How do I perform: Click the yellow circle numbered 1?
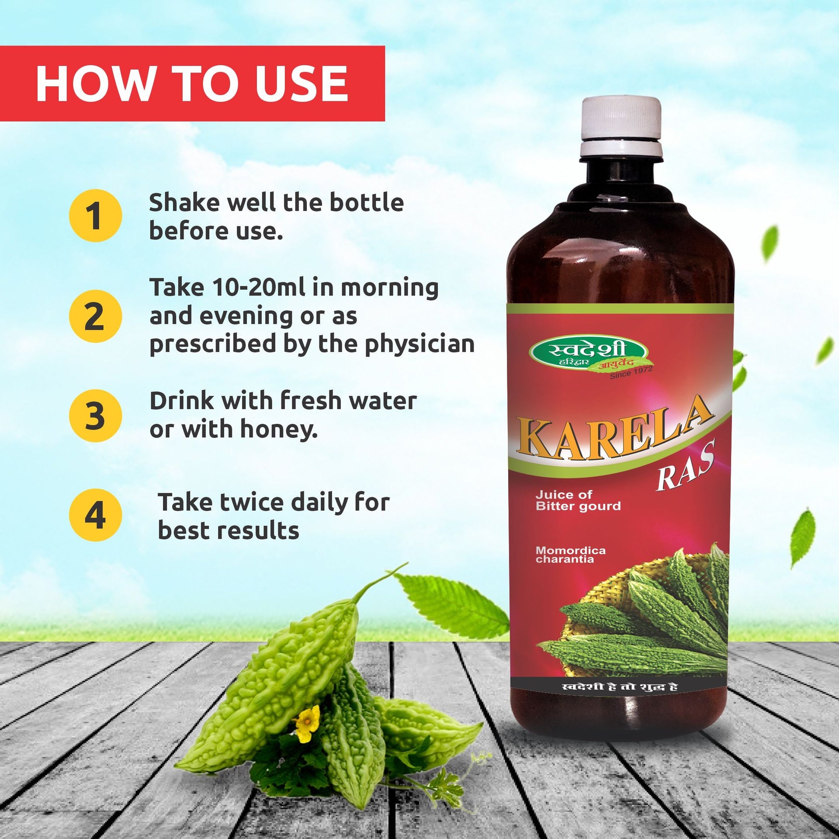95,215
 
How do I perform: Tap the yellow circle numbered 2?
95,316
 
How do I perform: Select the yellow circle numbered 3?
95,416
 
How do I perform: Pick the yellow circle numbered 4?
95,515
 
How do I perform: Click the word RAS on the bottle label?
685,467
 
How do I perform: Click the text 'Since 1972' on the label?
631,372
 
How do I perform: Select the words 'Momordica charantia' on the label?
570,555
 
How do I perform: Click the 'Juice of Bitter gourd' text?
578,500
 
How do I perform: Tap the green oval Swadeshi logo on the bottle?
589,353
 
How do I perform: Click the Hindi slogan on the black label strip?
620,687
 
